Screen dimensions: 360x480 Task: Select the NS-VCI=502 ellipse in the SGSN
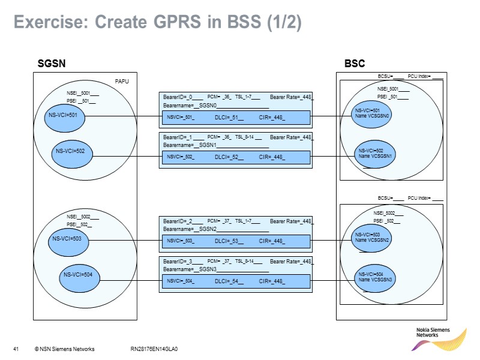[70, 151]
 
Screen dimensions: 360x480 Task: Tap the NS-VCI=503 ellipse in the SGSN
[67, 239]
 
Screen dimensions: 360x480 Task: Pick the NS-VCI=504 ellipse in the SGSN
[79, 275]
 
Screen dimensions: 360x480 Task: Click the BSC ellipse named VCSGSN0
[373, 114]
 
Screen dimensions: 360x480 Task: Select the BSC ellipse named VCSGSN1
[376, 154]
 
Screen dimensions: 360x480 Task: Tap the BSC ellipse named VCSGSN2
[373, 238]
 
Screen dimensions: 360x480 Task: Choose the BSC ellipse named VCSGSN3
[376, 277]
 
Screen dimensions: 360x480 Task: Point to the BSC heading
[355, 64]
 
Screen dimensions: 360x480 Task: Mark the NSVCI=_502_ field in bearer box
[181, 158]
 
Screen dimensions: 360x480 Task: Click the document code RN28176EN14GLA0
[154, 349]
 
